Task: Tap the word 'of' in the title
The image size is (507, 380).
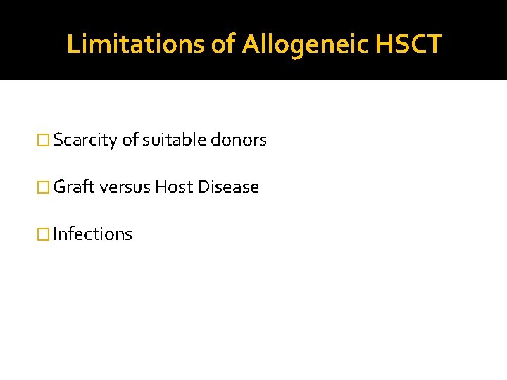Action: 223,44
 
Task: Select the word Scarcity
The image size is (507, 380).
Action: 85,140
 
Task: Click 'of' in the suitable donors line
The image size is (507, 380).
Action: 130,140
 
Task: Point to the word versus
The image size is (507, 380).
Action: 125,187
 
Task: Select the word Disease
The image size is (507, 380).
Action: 228,187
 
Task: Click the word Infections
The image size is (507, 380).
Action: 92,234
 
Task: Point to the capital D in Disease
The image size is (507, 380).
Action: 204,187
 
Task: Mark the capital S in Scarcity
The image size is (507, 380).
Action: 58,140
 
